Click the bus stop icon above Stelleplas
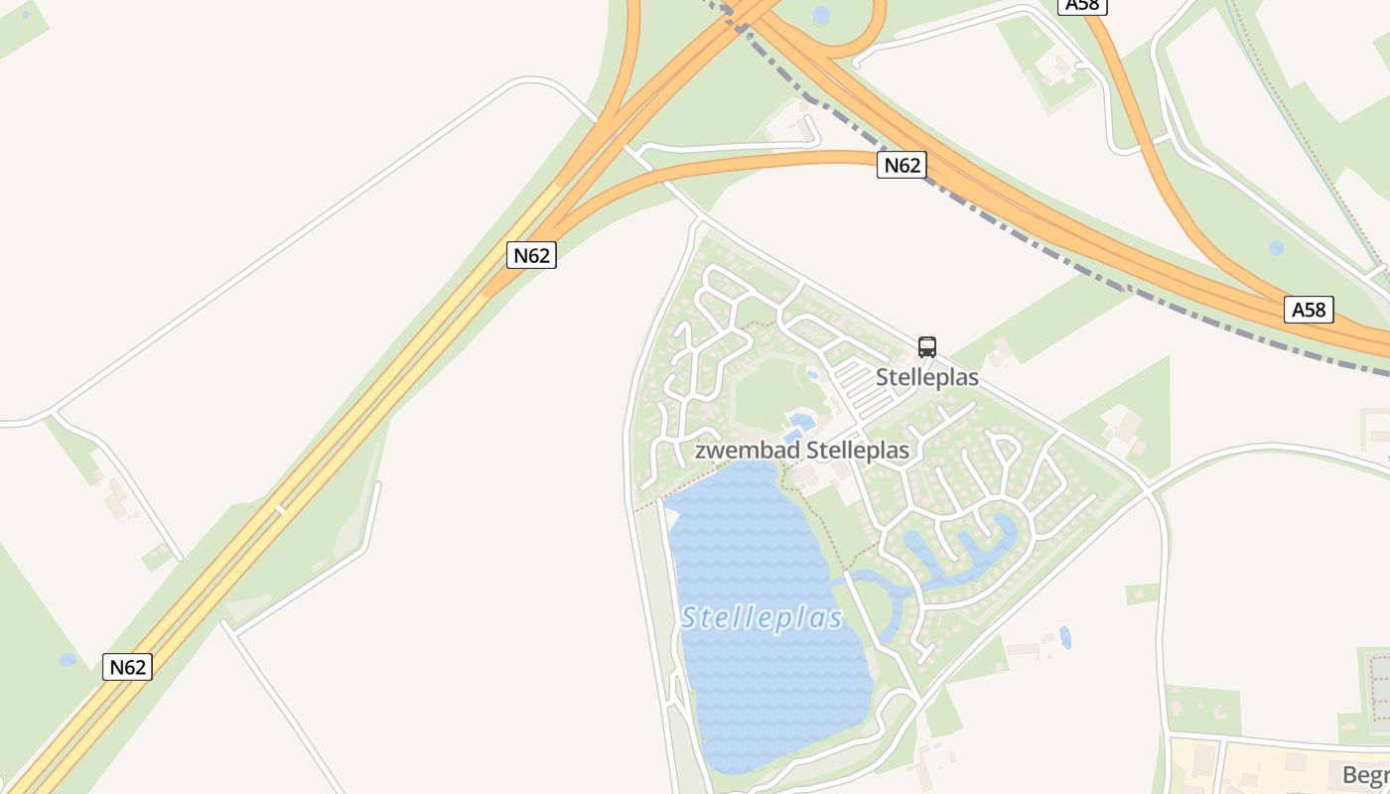926,347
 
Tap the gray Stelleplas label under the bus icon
926,378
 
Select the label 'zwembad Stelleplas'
801,451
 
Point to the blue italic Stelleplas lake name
763,618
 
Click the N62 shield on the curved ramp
902,165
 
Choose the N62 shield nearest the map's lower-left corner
127,667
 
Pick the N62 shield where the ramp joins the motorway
531,255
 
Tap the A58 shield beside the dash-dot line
1308,310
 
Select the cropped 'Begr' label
1365,775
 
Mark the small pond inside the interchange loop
821,15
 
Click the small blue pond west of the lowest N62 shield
68,660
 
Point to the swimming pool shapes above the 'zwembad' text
800,427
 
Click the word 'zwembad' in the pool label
747,451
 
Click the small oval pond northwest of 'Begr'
1065,637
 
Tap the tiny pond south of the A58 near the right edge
1276,248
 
